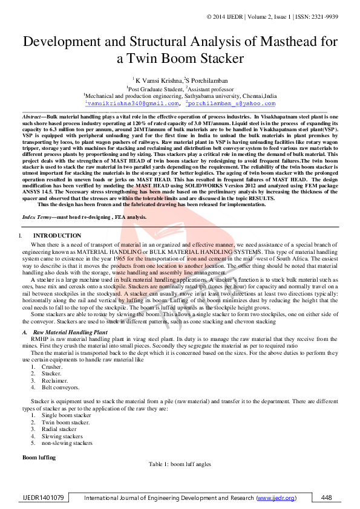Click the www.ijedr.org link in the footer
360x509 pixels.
[277, 498]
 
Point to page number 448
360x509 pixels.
[327, 498]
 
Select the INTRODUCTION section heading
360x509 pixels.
[57, 235]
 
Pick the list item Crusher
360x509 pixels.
[51, 366]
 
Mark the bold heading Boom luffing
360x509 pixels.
[39, 457]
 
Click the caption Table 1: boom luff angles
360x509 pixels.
[180, 464]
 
